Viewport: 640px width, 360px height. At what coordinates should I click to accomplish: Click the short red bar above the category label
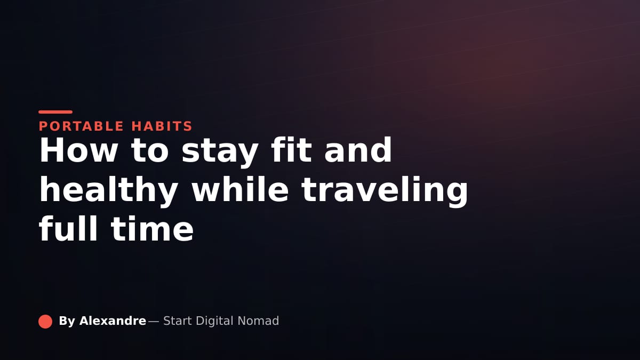(x=55, y=112)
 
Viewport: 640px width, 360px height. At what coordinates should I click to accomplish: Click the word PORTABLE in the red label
(x=81, y=126)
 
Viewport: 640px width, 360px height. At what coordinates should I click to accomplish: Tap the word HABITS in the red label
(x=162, y=126)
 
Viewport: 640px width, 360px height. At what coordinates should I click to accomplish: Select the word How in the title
(x=78, y=150)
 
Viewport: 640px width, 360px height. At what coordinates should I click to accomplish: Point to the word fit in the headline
(x=291, y=150)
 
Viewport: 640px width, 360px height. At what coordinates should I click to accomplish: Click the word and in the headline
(x=358, y=150)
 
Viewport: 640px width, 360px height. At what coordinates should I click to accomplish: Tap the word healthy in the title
(x=109, y=191)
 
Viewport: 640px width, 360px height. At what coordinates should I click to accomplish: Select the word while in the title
(x=240, y=189)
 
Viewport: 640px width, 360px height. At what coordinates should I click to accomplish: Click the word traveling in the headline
(x=385, y=191)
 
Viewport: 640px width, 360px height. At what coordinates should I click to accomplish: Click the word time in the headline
(x=153, y=229)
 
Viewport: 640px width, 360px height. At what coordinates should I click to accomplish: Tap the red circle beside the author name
(x=45, y=322)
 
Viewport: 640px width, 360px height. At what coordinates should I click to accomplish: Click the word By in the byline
(x=67, y=322)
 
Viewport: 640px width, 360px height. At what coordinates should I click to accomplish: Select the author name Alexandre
(x=113, y=321)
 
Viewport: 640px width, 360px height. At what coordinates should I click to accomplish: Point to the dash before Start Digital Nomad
(x=154, y=322)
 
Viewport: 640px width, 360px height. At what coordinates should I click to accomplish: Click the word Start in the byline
(x=178, y=321)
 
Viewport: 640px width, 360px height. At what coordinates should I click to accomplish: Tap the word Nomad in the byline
(x=258, y=321)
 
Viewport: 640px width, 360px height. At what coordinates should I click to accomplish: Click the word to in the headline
(x=149, y=151)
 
